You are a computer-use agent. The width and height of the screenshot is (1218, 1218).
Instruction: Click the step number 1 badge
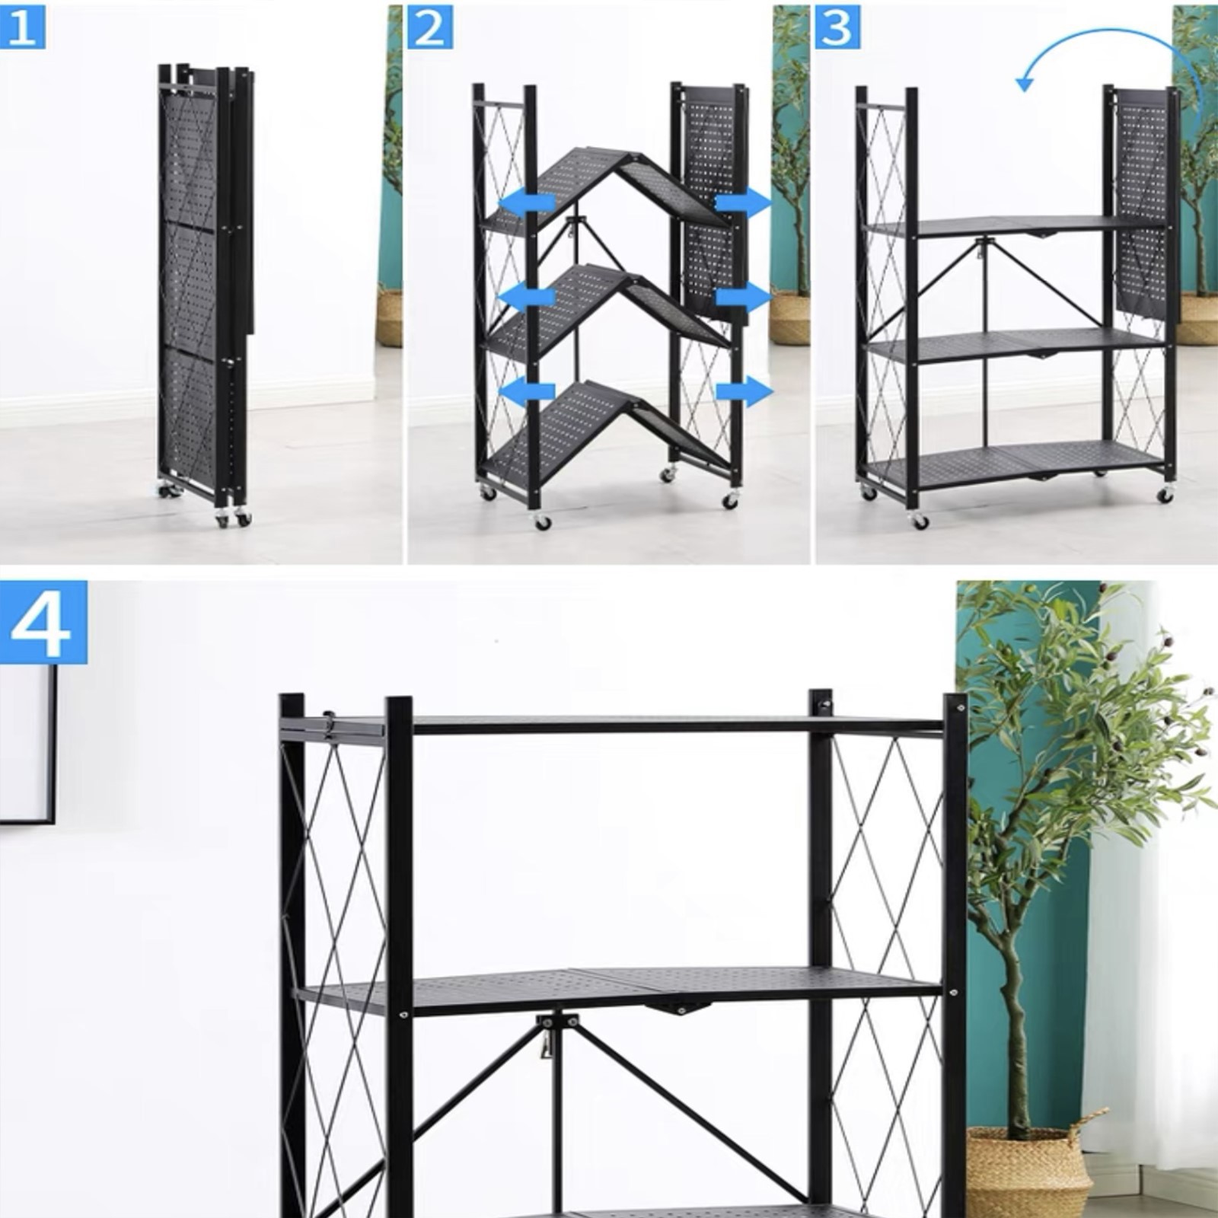coord(21,28)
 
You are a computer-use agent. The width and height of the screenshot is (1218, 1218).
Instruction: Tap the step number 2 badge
coord(430,28)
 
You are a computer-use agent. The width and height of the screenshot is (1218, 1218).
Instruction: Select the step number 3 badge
coord(838,28)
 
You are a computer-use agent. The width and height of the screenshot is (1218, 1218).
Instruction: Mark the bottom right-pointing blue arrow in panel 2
coord(744,391)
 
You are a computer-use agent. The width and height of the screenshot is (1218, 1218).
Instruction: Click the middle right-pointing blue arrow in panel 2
coord(744,298)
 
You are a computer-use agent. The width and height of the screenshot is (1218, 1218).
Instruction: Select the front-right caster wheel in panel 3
coord(1165,494)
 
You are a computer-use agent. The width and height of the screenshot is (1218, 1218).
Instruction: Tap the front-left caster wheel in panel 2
coord(542,522)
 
